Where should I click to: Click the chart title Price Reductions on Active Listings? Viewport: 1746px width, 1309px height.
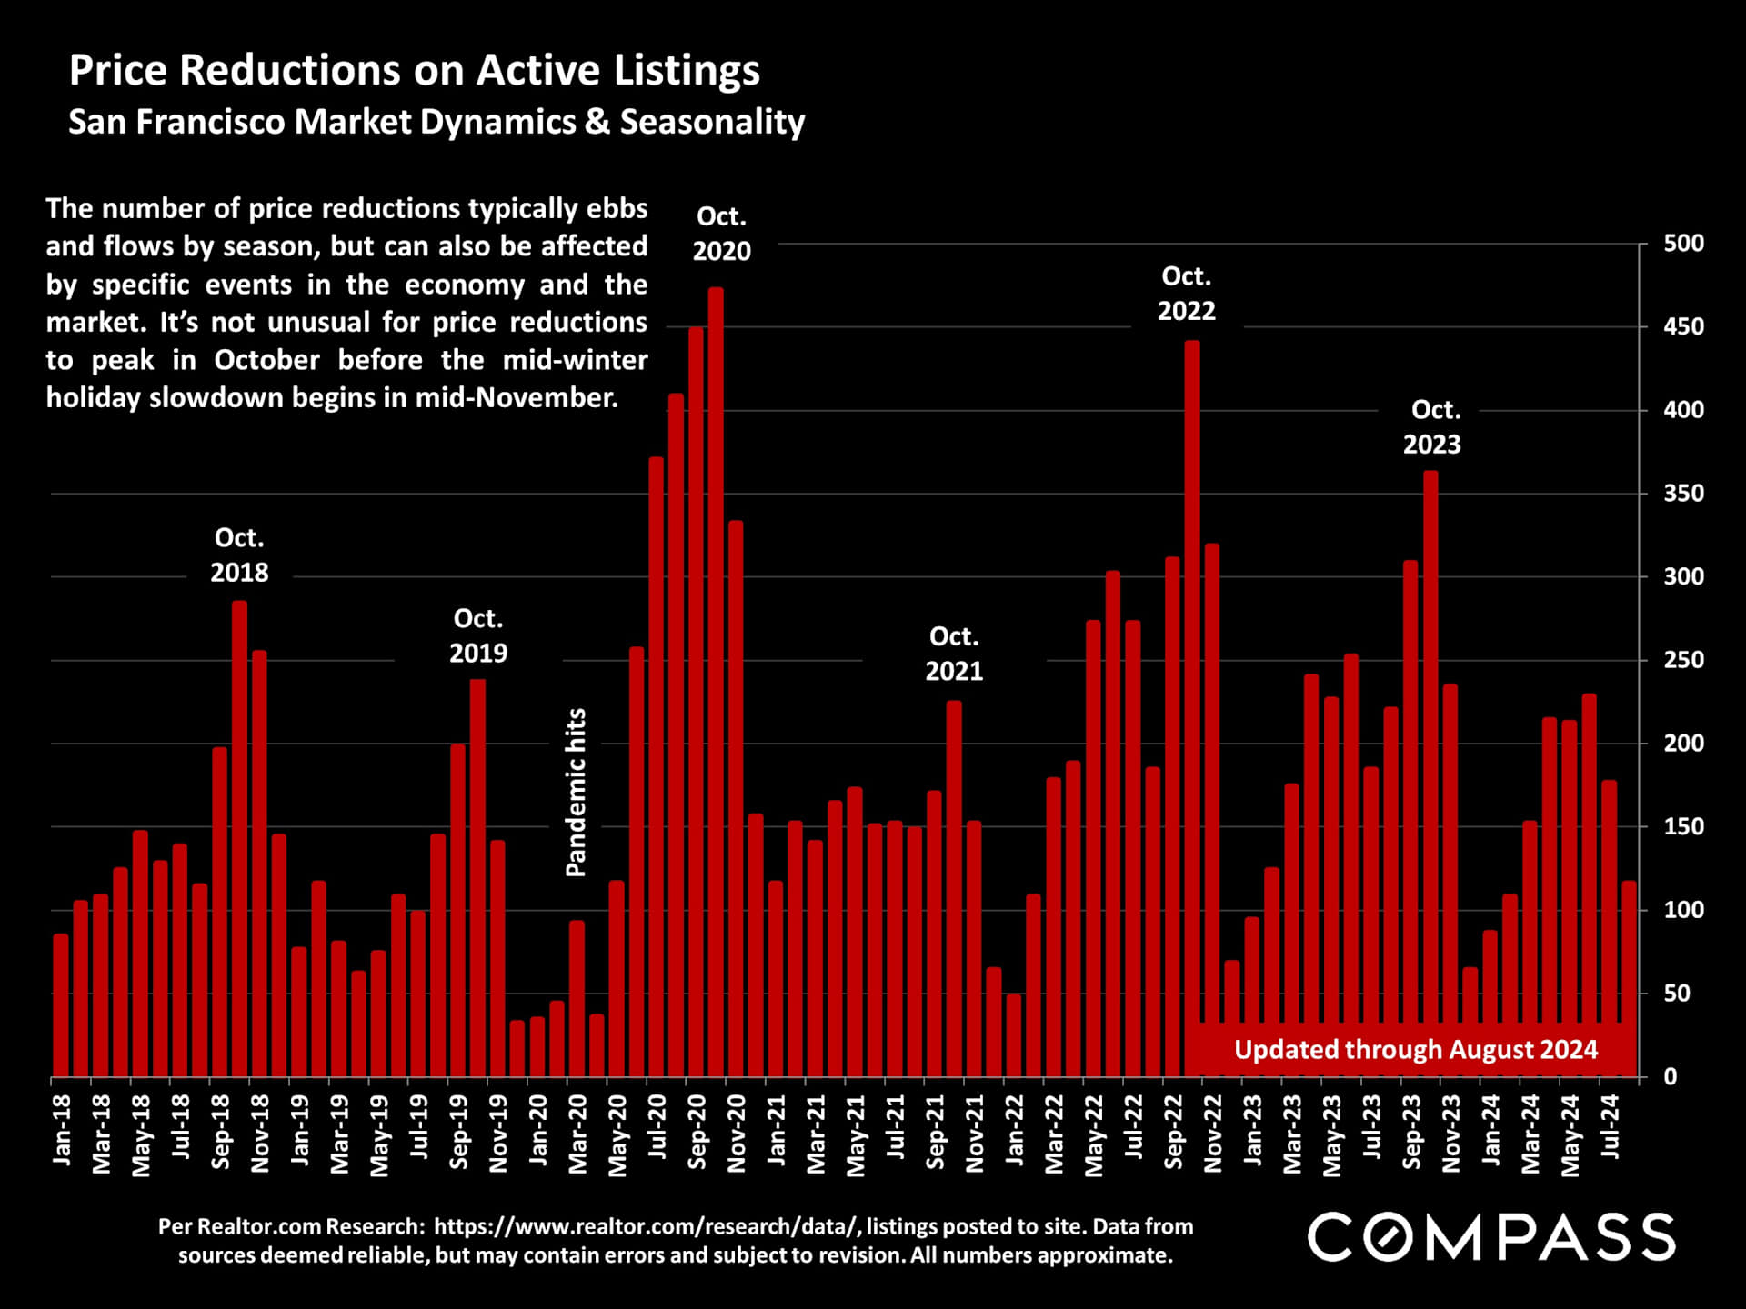coord(414,71)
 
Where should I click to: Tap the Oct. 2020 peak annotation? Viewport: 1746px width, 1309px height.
coord(721,234)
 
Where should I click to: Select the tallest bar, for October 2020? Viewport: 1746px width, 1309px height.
coord(716,682)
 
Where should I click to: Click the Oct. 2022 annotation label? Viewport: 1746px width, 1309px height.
coord(1186,294)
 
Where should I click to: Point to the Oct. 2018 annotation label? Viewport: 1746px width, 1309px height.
coord(239,555)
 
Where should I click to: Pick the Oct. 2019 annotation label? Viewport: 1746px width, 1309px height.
coord(478,635)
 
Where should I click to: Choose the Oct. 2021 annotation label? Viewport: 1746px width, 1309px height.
coord(954,654)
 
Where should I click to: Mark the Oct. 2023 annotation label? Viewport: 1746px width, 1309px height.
coord(1432,427)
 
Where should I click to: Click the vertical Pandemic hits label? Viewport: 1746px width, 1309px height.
coord(577,792)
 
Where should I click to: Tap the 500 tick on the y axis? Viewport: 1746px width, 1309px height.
coord(1683,244)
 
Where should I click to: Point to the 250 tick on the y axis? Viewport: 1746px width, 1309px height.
coord(1683,660)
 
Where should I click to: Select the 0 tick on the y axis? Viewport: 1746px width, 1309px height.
coord(1671,1076)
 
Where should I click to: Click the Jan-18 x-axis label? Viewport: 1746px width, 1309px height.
coord(62,1129)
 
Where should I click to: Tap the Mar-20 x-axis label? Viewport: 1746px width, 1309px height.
coord(577,1133)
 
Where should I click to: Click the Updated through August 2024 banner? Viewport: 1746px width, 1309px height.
coord(1415,1050)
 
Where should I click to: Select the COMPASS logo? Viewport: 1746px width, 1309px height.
coord(1490,1237)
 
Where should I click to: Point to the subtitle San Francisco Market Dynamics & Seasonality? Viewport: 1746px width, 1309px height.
coord(436,122)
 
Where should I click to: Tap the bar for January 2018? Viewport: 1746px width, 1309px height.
coord(61,1004)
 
